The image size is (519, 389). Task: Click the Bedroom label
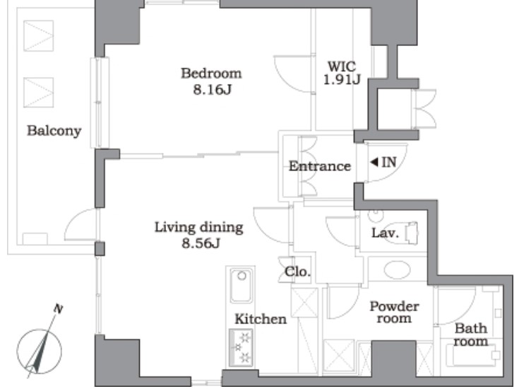click(x=211, y=74)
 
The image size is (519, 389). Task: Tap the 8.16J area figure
click(x=212, y=90)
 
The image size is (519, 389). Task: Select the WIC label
click(x=342, y=66)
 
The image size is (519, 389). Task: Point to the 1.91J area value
click(x=342, y=80)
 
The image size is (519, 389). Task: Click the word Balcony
click(x=54, y=131)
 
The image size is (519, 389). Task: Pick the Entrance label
click(x=320, y=166)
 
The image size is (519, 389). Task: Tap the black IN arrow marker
click(x=374, y=162)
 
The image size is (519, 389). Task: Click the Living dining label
click(x=199, y=228)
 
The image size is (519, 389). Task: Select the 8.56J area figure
click(x=201, y=244)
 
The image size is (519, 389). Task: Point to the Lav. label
click(x=385, y=233)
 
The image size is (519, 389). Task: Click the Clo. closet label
click(x=297, y=272)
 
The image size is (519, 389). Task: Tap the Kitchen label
click(x=261, y=319)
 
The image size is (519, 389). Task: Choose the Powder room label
click(x=394, y=312)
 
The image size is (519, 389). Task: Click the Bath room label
click(x=471, y=335)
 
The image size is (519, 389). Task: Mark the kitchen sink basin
click(x=241, y=285)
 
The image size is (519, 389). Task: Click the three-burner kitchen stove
click(x=241, y=347)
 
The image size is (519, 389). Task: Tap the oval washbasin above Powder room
click(x=397, y=269)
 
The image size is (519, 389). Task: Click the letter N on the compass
click(x=58, y=309)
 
